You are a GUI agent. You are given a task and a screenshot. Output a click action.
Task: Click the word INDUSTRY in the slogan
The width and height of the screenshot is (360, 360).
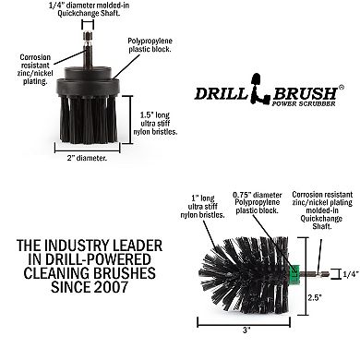click(107, 249)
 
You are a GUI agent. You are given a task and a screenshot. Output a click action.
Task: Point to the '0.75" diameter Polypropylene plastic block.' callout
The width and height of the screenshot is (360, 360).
click(258, 203)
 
